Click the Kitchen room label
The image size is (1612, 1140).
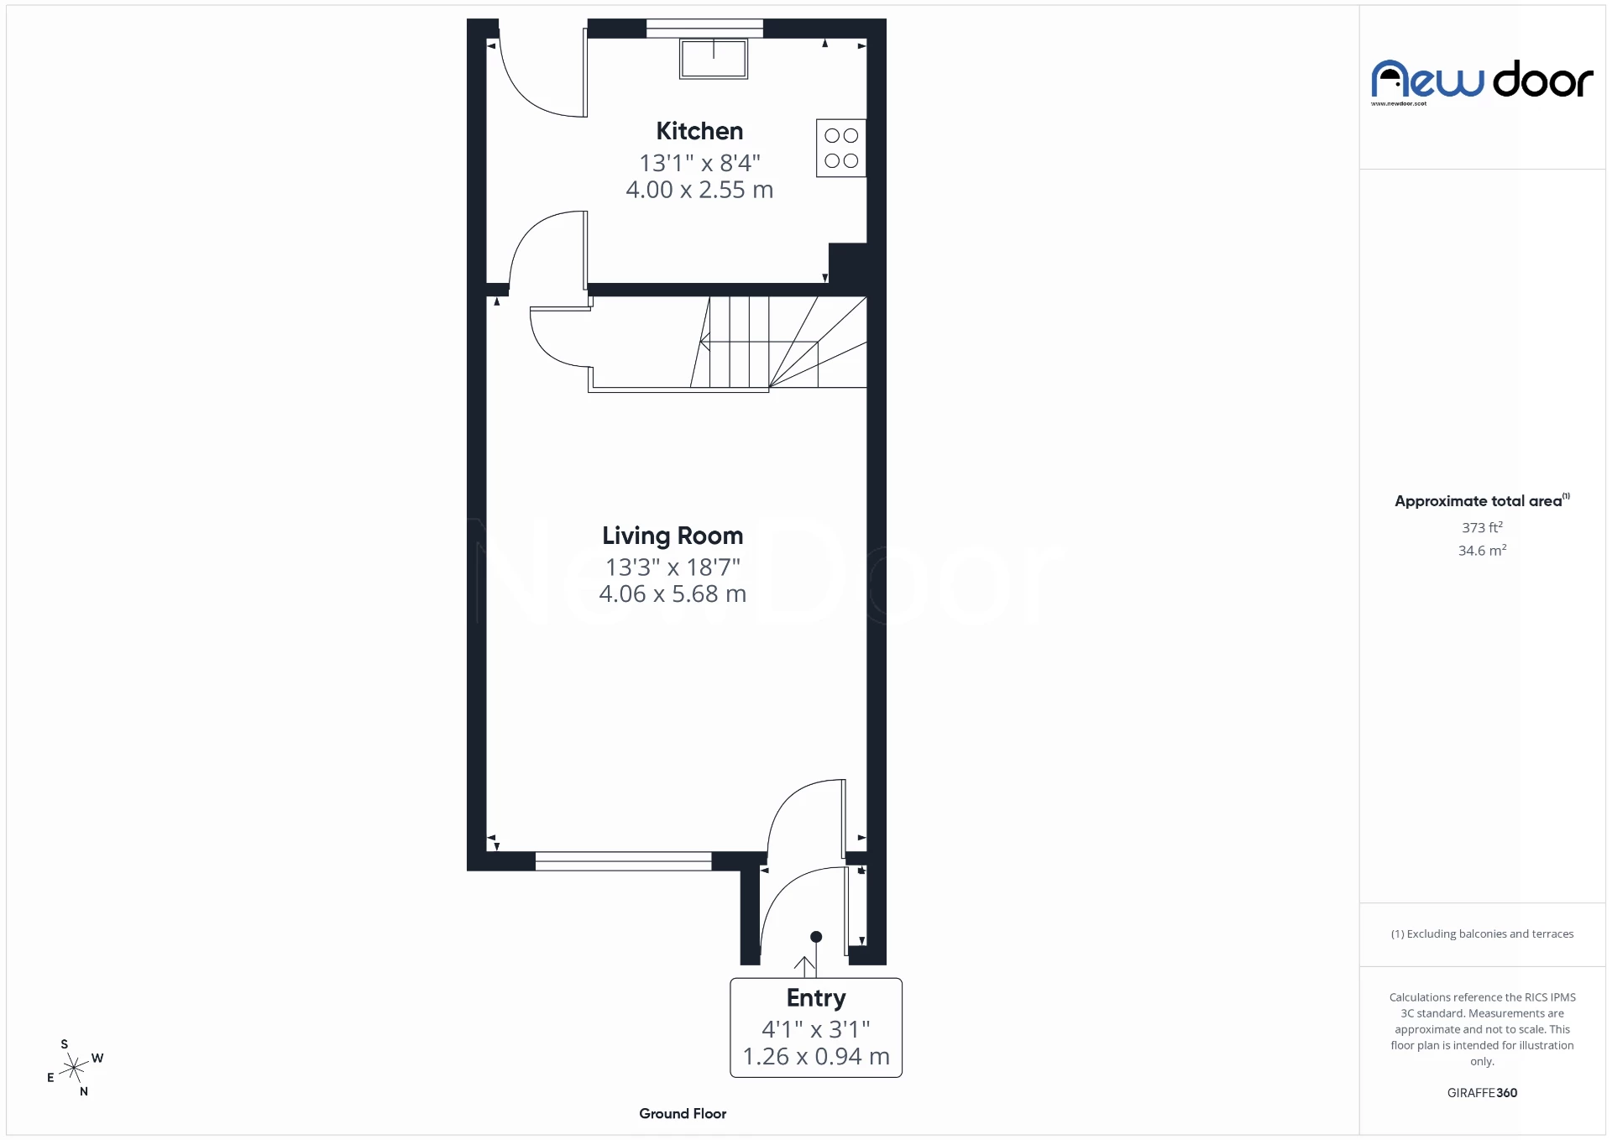(699, 131)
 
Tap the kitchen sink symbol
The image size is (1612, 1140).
(714, 59)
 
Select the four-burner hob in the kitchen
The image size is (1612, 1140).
(840, 148)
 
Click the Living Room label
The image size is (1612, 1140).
(673, 536)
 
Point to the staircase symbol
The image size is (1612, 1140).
(772, 343)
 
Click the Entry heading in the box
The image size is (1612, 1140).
(816, 998)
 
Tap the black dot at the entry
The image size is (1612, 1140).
(816, 937)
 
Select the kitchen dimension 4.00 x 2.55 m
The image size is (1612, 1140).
(699, 190)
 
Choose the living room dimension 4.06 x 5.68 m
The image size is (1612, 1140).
(673, 594)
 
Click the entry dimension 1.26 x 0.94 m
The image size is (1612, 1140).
(816, 1057)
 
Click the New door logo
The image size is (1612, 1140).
(1482, 81)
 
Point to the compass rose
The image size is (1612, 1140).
(75, 1068)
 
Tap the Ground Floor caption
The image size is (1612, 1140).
(683, 1114)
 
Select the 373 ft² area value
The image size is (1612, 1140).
(1482, 528)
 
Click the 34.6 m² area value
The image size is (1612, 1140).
(1482, 551)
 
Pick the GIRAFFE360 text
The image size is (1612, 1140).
(1482, 1093)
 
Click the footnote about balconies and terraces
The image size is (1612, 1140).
(1482, 934)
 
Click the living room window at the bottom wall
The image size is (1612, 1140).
(623, 860)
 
